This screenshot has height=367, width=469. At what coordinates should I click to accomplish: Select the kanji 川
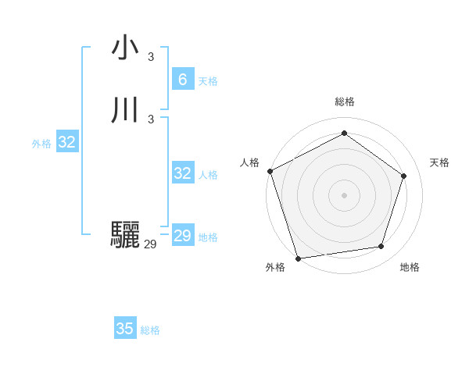pyautogui.click(x=125, y=110)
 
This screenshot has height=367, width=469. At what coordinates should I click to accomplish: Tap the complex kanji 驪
pyautogui.click(x=125, y=235)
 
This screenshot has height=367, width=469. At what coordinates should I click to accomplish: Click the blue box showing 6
pyautogui.click(x=182, y=80)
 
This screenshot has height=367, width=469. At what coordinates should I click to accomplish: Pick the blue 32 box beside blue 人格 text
pyautogui.click(x=182, y=173)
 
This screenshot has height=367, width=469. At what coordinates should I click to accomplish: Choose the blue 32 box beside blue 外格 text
pyautogui.click(x=67, y=142)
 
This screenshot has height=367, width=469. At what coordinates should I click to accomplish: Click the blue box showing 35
pyautogui.click(x=125, y=329)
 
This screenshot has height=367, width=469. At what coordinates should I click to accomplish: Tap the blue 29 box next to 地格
pyautogui.click(x=182, y=236)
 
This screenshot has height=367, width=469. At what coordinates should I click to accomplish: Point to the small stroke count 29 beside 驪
pyautogui.click(x=150, y=244)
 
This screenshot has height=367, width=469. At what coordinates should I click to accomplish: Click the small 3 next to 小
pyautogui.click(x=151, y=56)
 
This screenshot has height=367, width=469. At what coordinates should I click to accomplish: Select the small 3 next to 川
pyautogui.click(x=151, y=119)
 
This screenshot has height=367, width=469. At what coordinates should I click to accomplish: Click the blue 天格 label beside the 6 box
pyautogui.click(x=208, y=81)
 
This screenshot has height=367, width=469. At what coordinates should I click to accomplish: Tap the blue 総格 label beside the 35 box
pyautogui.click(x=150, y=330)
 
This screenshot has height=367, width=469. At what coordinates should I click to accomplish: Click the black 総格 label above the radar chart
pyautogui.click(x=345, y=102)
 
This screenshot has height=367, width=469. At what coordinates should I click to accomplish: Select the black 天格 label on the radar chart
pyautogui.click(x=439, y=162)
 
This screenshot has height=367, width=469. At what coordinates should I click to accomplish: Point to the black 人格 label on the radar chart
pyautogui.click(x=250, y=162)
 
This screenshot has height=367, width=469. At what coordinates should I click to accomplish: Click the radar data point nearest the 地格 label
pyautogui.click(x=381, y=246)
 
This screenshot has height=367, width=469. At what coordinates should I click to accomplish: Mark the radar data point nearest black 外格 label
pyautogui.click(x=298, y=258)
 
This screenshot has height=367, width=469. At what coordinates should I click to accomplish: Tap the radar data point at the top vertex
pyautogui.click(x=344, y=134)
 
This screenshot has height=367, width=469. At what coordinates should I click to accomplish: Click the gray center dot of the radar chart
pyautogui.click(x=344, y=194)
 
